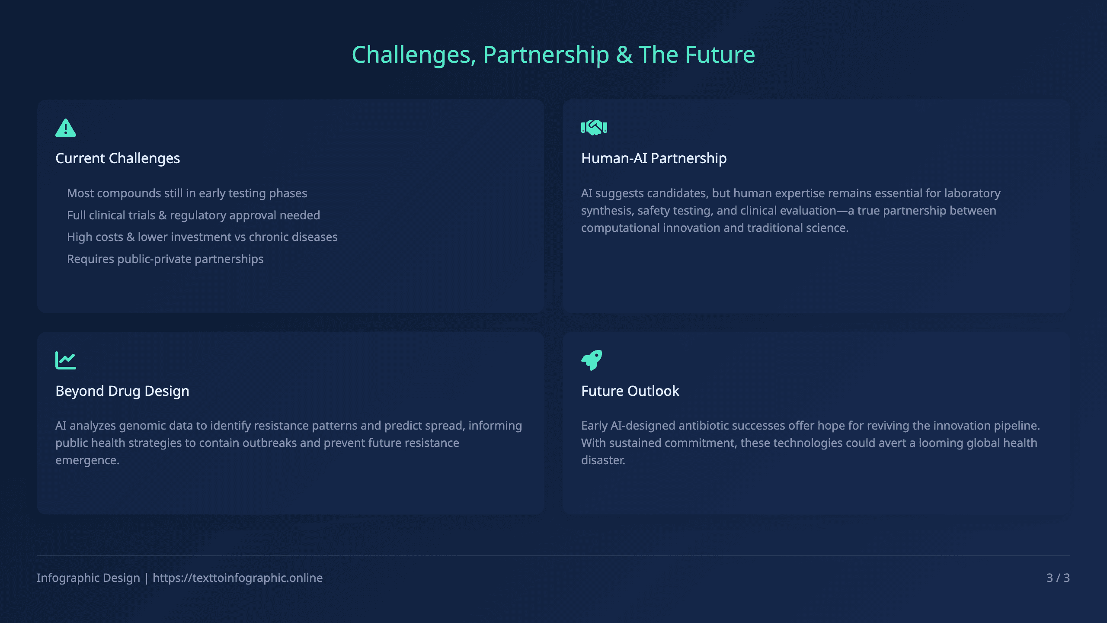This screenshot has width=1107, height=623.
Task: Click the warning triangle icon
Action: click(x=66, y=128)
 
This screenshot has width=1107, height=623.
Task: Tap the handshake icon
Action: click(x=594, y=128)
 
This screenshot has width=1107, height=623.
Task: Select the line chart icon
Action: click(x=66, y=360)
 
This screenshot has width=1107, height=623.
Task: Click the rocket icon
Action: click(x=592, y=360)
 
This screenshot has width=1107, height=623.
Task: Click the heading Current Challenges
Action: click(x=118, y=158)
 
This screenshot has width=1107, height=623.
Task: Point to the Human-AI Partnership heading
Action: click(x=654, y=158)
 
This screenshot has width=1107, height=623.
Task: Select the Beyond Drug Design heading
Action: click(x=122, y=391)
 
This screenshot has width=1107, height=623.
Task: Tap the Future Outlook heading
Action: click(x=630, y=391)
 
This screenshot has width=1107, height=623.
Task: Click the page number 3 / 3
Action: click(x=1058, y=578)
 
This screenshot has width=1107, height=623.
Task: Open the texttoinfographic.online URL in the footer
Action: click(x=237, y=578)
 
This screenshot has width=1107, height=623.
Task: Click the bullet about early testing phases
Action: click(x=187, y=193)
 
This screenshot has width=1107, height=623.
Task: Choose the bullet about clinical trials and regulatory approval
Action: click(x=193, y=215)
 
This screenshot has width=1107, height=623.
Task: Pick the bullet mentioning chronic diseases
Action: click(x=202, y=237)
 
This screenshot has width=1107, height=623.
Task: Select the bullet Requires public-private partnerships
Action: click(x=165, y=259)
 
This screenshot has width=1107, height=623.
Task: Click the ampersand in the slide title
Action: click(x=624, y=55)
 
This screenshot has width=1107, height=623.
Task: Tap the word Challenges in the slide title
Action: click(x=414, y=55)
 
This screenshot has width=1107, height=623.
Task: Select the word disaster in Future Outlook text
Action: click(x=603, y=460)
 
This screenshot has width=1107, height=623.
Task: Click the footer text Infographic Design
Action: click(x=88, y=578)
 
